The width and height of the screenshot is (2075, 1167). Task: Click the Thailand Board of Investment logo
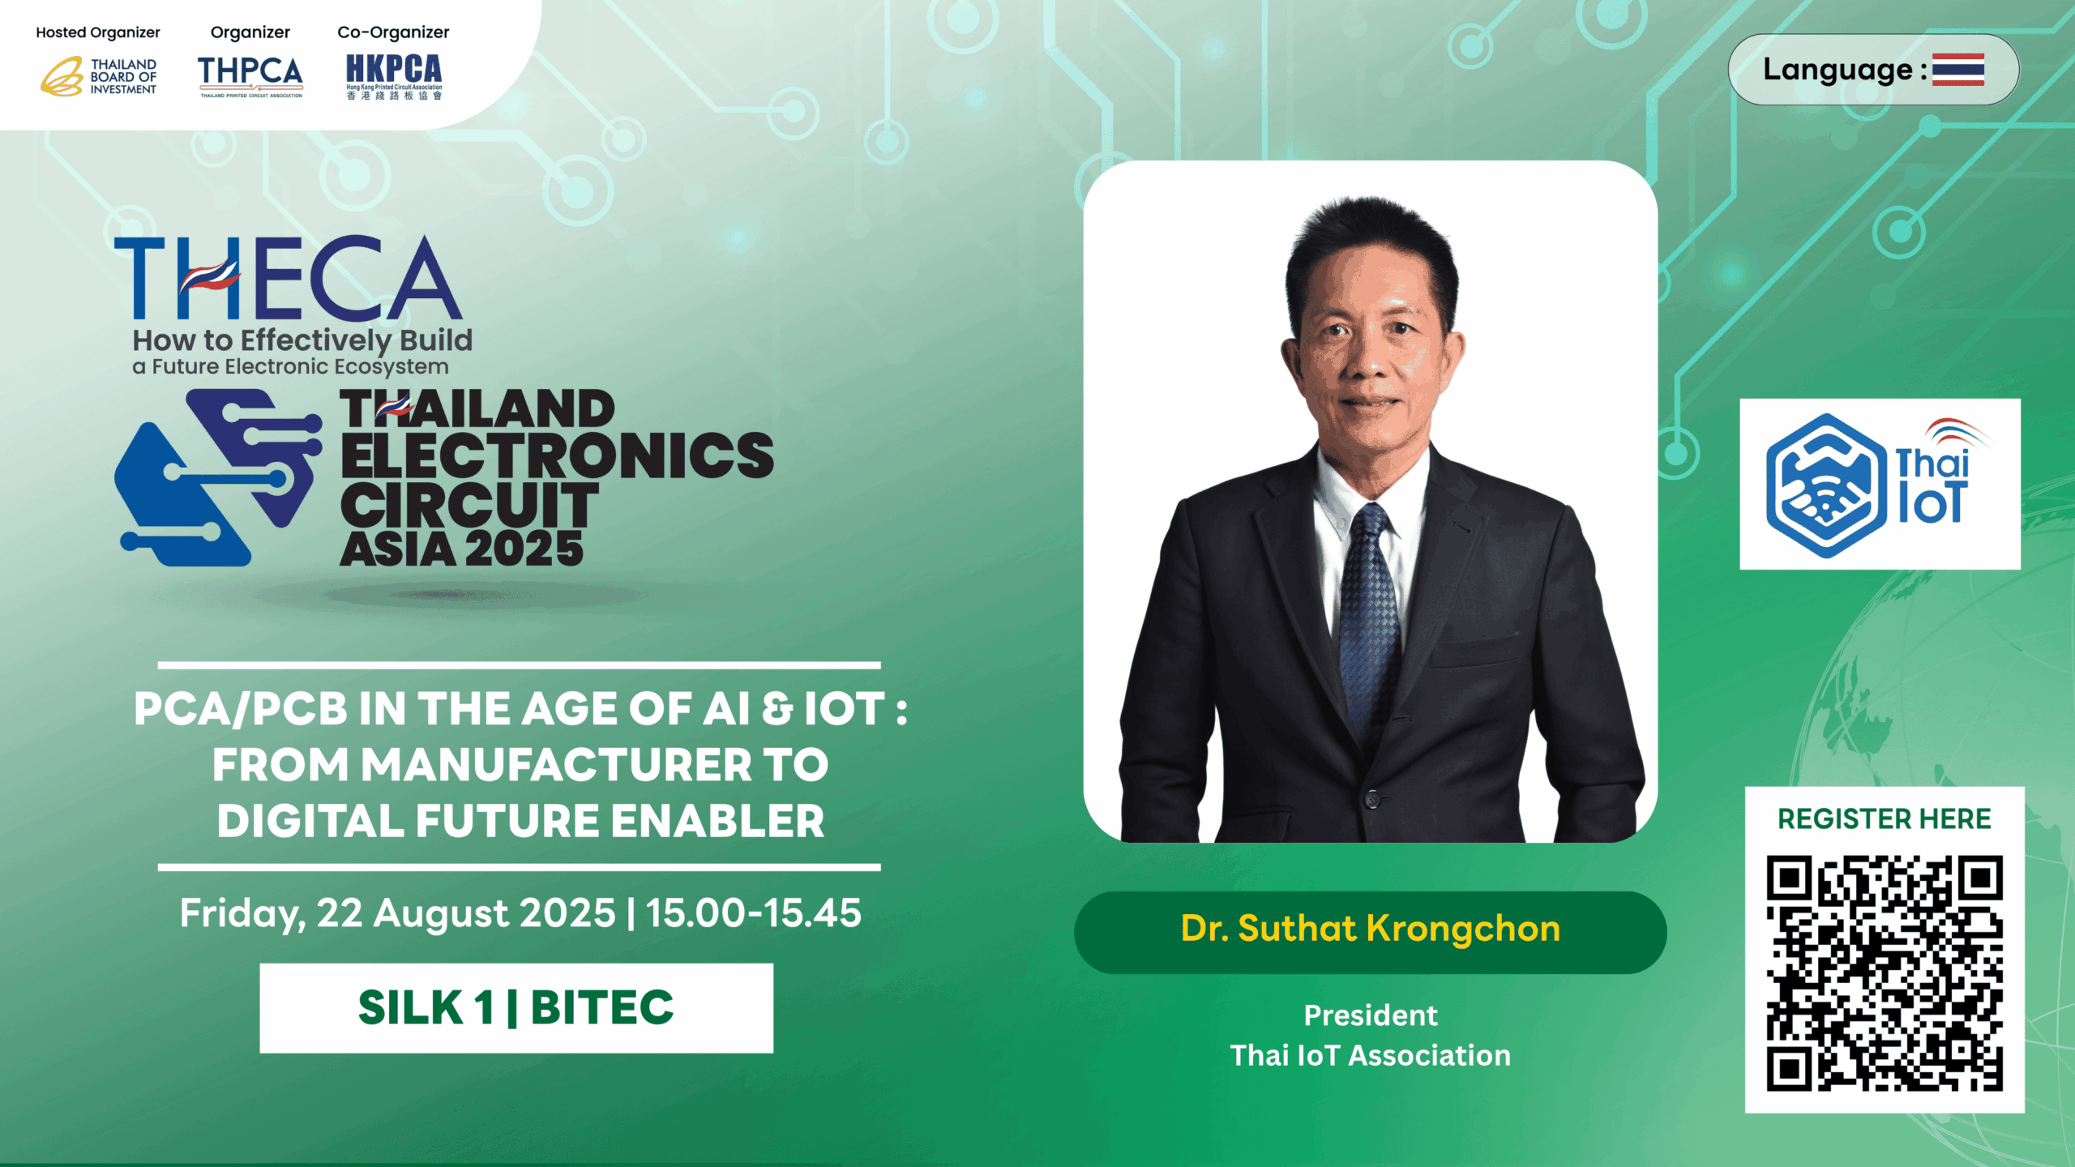[99, 76]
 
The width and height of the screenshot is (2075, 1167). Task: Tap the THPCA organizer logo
[250, 76]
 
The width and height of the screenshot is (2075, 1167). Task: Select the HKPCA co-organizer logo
[394, 76]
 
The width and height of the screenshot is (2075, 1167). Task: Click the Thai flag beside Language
[1957, 70]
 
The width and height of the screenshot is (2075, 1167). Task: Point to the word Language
[1838, 71]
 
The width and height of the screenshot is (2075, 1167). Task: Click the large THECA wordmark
[288, 278]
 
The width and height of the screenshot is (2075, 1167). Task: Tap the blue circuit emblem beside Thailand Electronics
[217, 477]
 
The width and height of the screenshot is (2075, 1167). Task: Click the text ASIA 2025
[461, 549]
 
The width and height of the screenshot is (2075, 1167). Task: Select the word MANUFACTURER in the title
[557, 764]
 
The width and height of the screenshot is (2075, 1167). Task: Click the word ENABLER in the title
[717, 820]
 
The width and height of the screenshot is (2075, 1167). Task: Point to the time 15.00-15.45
[753, 913]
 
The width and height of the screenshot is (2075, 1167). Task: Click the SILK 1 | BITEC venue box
[516, 1008]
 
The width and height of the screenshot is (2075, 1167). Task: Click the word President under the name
[1370, 1015]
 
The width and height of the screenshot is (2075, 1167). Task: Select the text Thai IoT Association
[1370, 1055]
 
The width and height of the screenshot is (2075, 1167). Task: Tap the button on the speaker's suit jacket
[1371, 799]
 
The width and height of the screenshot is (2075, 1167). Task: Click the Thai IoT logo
[1880, 484]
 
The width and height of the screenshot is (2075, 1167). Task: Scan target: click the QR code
[1885, 973]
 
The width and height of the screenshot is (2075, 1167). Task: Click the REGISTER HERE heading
[1885, 819]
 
